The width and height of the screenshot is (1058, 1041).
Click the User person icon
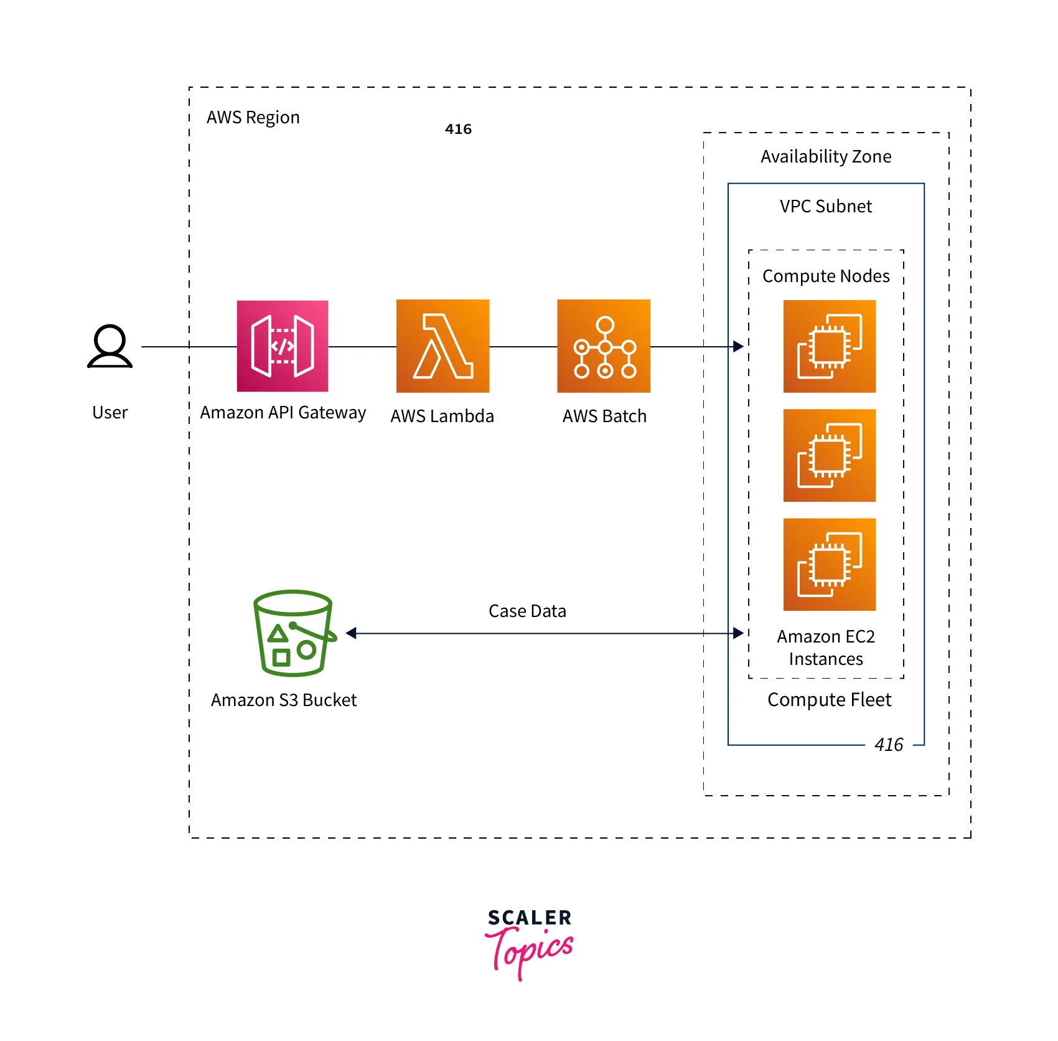[x=110, y=346]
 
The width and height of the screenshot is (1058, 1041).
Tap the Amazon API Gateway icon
[x=283, y=346]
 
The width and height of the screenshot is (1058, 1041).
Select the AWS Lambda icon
[x=442, y=346]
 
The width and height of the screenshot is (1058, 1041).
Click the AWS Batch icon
[x=604, y=346]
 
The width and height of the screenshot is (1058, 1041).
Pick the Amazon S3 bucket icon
[x=294, y=633]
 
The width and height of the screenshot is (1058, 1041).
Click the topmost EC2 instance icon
[x=829, y=346]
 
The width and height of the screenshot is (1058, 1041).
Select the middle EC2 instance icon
[x=829, y=455]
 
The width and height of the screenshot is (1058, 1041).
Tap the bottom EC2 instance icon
[x=829, y=564]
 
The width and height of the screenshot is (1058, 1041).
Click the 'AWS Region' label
[x=253, y=118]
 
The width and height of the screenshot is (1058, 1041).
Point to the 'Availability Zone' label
[x=826, y=157]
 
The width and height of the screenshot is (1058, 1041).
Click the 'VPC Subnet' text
[x=826, y=207]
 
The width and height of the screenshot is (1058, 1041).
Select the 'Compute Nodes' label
[x=826, y=276]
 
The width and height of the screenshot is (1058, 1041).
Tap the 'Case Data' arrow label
[x=527, y=611]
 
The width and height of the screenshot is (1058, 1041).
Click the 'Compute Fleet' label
[x=829, y=700]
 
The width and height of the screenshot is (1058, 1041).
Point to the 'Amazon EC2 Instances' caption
[x=826, y=648]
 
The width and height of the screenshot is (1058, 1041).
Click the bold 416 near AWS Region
[x=458, y=130]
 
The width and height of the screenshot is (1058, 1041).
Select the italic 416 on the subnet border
[x=888, y=745]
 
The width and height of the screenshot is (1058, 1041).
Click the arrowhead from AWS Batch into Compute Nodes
[x=739, y=346]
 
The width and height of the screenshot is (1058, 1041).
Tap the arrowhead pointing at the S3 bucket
[x=351, y=633]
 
